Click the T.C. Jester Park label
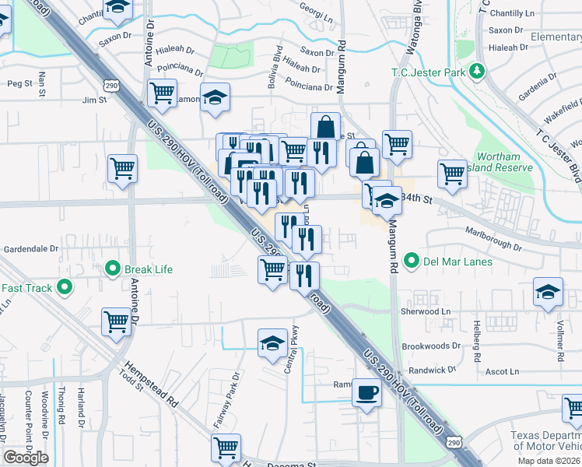tap(428, 73)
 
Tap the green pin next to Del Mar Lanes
tap(412, 262)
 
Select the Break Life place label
tap(148, 269)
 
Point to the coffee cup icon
tap(366, 392)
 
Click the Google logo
tap(26, 458)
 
